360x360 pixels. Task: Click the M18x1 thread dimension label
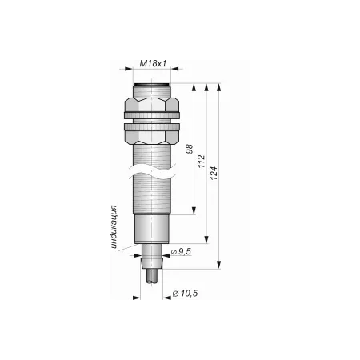pyautogui.click(x=153, y=63)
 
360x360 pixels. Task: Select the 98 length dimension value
pyautogui.click(x=189, y=149)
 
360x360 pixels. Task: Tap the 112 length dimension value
pyautogui.click(x=202, y=161)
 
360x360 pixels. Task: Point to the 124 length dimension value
pyautogui.click(x=214, y=173)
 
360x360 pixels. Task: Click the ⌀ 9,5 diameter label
pyautogui.click(x=181, y=251)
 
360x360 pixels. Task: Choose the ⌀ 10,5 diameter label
pyautogui.click(x=185, y=294)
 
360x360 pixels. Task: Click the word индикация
pyautogui.click(x=114, y=227)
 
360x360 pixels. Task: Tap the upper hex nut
pyautogui.click(x=152, y=108)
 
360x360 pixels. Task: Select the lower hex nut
pyautogui.click(x=152, y=134)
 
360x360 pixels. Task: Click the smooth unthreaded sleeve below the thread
pyautogui.click(x=152, y=229)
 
